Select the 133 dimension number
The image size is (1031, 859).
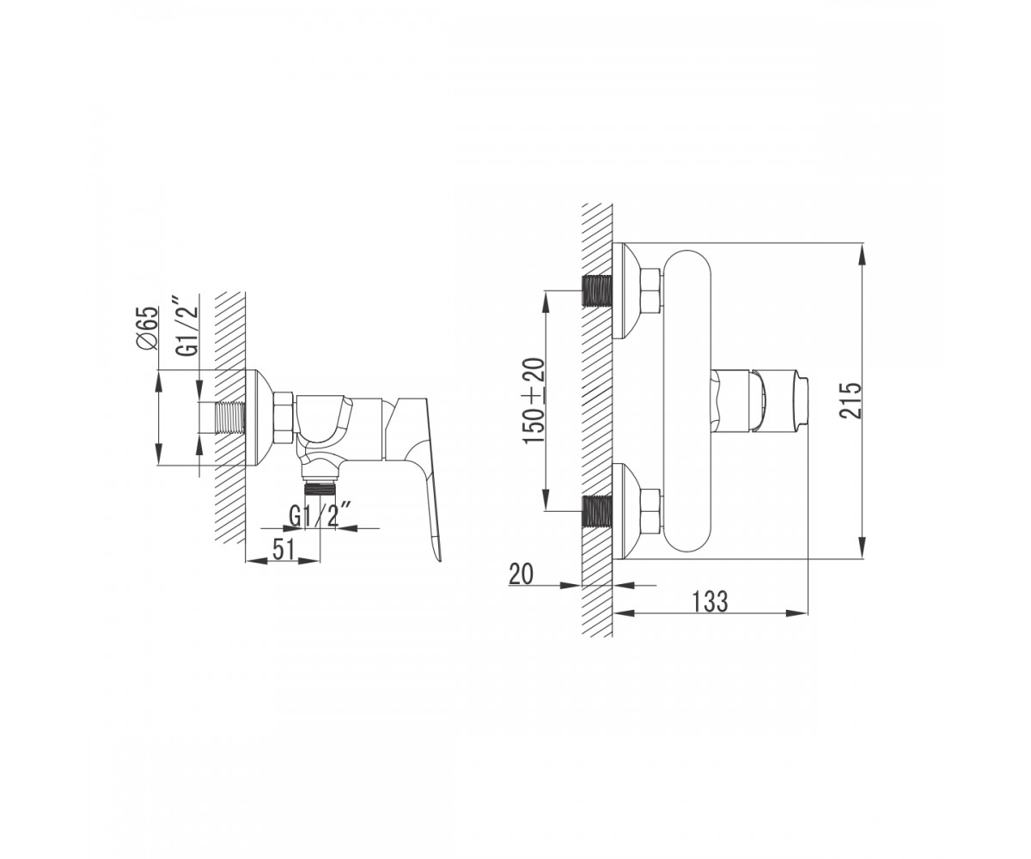tap(710, 600)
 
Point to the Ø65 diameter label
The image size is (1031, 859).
tap(148, 328)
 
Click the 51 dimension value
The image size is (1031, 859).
tap(284, 550)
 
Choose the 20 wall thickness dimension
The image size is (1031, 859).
tap(521, 574)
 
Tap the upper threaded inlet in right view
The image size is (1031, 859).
tap(597, 291)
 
